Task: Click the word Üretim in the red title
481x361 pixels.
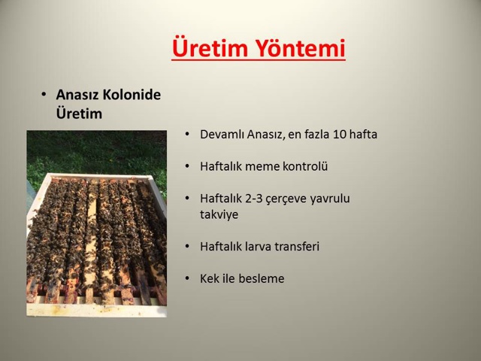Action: tap(210, 47)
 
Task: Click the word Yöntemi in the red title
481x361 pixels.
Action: tap(301, 47)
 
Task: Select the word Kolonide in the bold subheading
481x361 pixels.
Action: tap(132, 95)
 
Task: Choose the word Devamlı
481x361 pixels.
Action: tap(222, 135)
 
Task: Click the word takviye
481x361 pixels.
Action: tap(219, 214)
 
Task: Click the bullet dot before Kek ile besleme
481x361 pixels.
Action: tap(187, 279)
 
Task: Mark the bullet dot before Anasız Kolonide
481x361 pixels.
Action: tap(44, 95)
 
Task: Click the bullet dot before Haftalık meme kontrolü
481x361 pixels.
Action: tap(187, 166)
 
